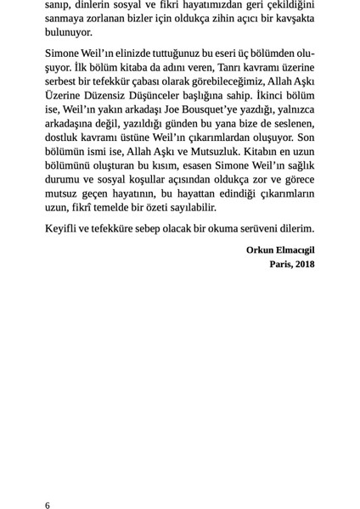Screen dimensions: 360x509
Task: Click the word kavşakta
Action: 292,19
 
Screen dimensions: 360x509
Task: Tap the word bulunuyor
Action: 69,33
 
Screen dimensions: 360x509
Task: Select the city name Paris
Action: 281,264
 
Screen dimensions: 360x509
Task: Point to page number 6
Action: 48,504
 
